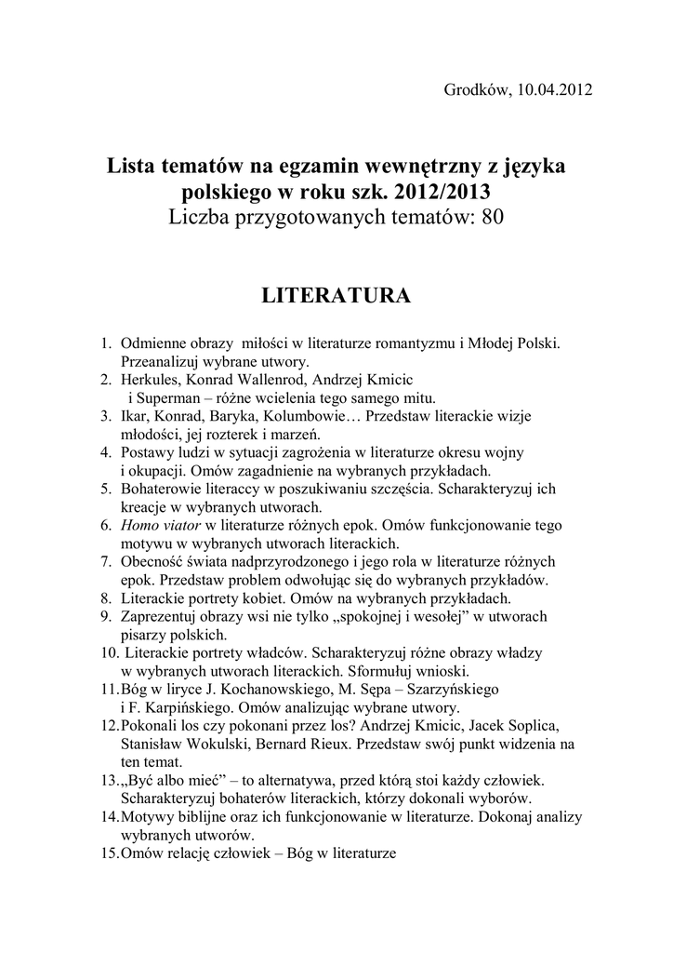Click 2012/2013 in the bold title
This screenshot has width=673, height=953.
440,192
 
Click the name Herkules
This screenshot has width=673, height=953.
152,380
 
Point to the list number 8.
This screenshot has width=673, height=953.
105,597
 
